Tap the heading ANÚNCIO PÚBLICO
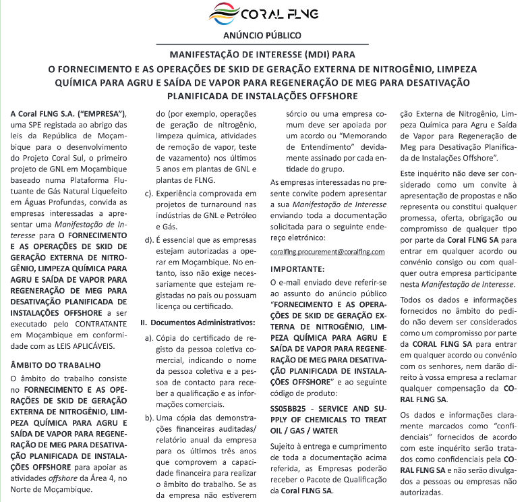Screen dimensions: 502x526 (262, 35)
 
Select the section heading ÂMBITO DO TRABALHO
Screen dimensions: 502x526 (55, 364)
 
